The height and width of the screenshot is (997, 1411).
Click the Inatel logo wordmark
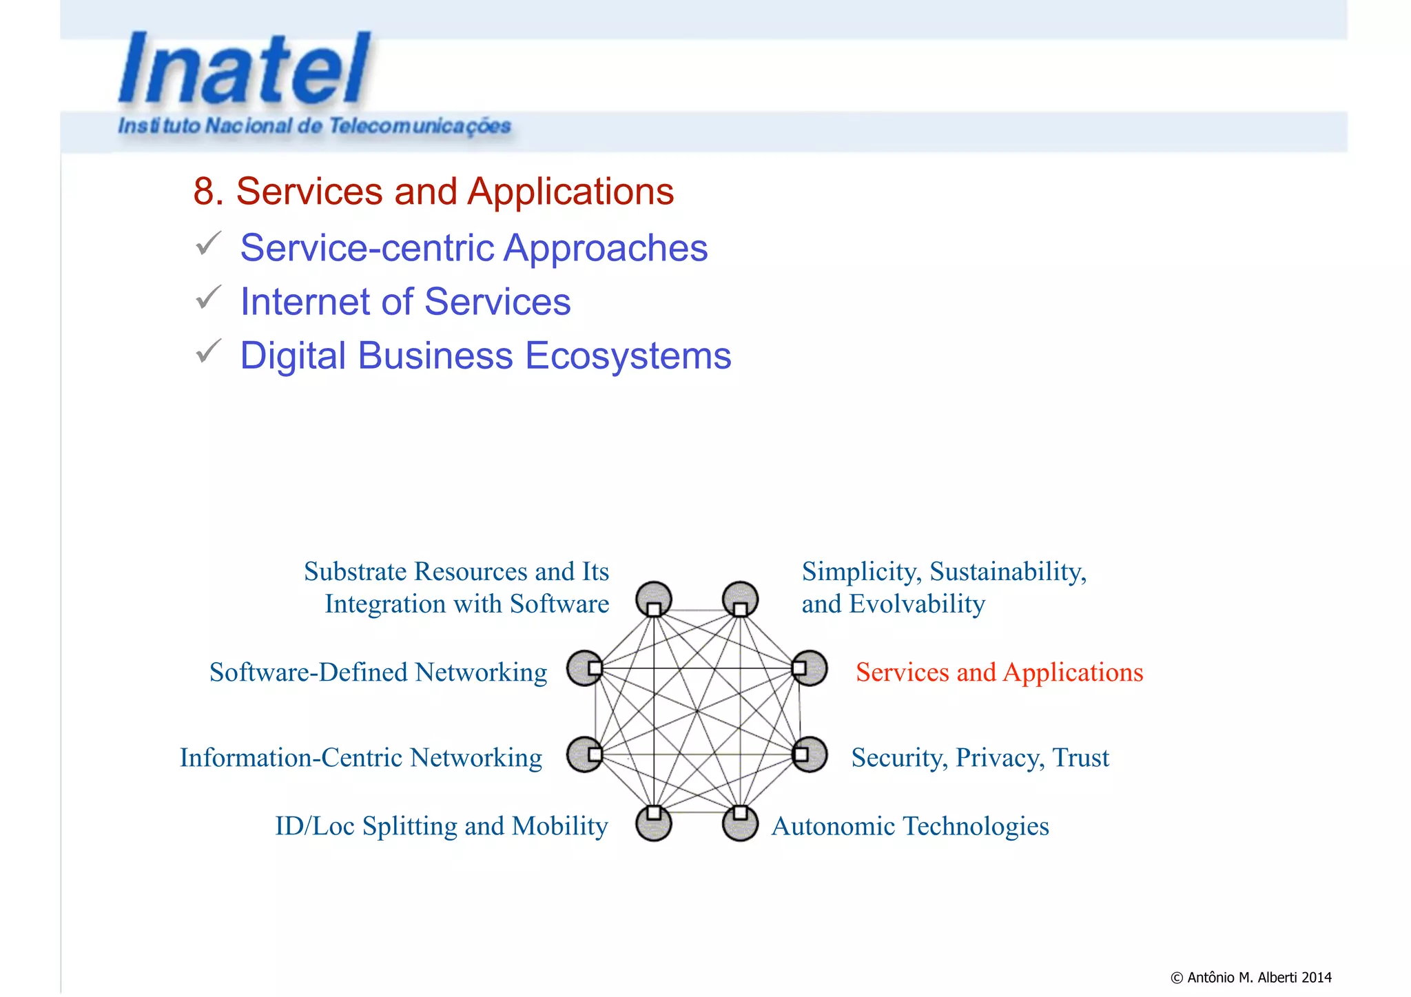(x=245, y=69)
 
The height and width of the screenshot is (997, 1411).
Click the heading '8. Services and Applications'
(x=433, y=191)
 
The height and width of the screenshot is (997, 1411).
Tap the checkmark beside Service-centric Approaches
(x=208, y=244)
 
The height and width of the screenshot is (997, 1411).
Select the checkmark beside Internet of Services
(x=208, y=298)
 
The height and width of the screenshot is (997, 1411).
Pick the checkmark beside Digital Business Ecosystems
(x=208, y=351)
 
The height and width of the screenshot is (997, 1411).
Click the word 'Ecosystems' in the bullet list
(x=628, y=356)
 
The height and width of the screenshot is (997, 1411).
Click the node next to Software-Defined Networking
(x=586, y=668)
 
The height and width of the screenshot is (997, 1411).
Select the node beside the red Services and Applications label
(x=809, y=668)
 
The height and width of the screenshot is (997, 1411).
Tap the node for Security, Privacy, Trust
(x=810, y=754)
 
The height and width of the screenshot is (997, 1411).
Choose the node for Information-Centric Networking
(x=586, y=754)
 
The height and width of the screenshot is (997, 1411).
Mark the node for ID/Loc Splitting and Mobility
(x=654, y=823)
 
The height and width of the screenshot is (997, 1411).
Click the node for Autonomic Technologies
(x=741, y=823)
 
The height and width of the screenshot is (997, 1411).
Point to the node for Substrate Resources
(x=654, y=599)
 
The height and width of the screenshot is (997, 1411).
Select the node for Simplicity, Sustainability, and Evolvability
(x=741, y=599)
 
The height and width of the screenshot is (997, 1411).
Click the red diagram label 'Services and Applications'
(x=999, y=672)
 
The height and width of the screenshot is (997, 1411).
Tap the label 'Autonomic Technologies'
(x=909, y=826)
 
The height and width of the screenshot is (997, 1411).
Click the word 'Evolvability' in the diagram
(x=917, y=604)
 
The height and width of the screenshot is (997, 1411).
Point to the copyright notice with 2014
(x=1250, y=977)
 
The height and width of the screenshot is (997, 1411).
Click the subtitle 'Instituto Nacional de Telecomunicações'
(x=315, y=126)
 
